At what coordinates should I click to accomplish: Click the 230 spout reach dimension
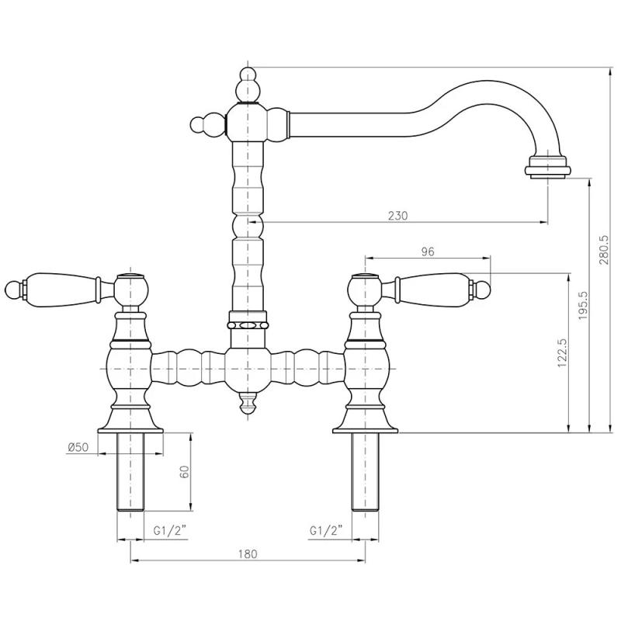point(397,216)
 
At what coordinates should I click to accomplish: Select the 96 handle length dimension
point(428,252)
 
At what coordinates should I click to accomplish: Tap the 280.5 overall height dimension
point(604,251)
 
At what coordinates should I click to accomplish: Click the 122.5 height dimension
point(564,353)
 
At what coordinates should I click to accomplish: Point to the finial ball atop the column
point(248,78)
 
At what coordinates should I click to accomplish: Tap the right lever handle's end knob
point(484,289)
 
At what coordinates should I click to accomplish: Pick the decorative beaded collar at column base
point(248,321)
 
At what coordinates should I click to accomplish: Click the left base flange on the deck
point(130,424)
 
